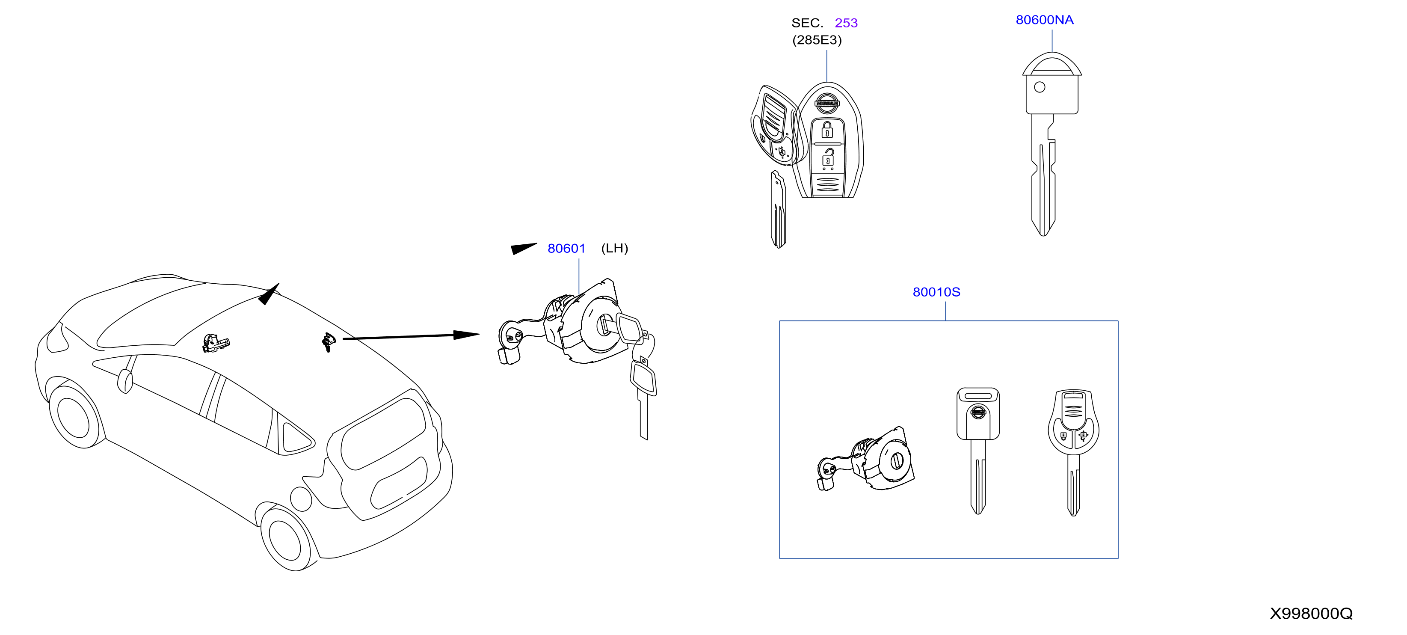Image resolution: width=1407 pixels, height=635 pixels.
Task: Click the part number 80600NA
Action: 1044,20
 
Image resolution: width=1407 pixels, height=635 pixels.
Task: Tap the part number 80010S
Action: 936,292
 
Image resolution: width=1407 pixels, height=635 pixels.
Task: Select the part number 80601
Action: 566,249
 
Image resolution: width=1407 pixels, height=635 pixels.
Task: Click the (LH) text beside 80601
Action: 614,249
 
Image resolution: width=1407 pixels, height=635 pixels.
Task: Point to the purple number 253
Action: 846,23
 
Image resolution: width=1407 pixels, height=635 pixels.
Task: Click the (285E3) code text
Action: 817,40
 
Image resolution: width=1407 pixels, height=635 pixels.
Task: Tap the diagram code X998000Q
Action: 1311,613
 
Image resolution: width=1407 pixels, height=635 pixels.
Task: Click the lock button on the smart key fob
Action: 827,130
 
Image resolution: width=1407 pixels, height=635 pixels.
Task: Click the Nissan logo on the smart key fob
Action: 827,103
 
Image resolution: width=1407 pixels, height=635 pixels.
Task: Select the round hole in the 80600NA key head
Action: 1040,87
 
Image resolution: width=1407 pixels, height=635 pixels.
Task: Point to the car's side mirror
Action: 125,380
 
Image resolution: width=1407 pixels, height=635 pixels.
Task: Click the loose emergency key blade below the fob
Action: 778,209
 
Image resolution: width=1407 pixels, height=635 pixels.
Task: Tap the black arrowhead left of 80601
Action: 523,249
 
